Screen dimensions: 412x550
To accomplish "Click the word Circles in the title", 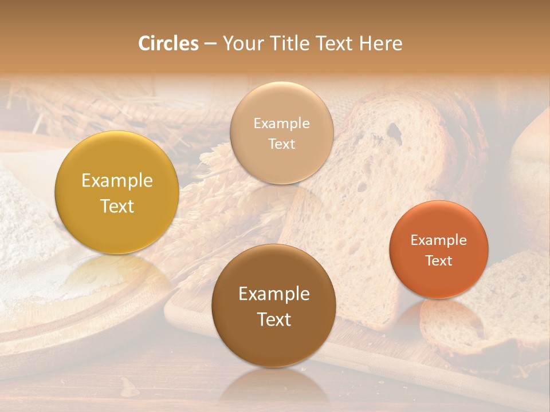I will [168, 43].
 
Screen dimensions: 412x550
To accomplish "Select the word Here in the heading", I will [380, 43].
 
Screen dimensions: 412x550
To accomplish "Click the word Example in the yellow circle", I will [117, 181].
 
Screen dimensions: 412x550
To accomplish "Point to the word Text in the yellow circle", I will [117, 206].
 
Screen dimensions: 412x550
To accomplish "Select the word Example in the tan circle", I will [281, 124].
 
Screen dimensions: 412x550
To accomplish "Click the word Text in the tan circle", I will [281, 144].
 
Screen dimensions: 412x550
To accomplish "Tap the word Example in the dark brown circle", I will [274, 294].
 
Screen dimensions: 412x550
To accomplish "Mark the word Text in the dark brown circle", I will [274, 319].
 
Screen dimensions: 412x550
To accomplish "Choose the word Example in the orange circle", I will [439, 240].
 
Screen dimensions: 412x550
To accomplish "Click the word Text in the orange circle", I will [439, 260].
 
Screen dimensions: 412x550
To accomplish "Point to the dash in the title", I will [210, 44].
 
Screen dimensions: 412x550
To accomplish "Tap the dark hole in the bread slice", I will [394, 132].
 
